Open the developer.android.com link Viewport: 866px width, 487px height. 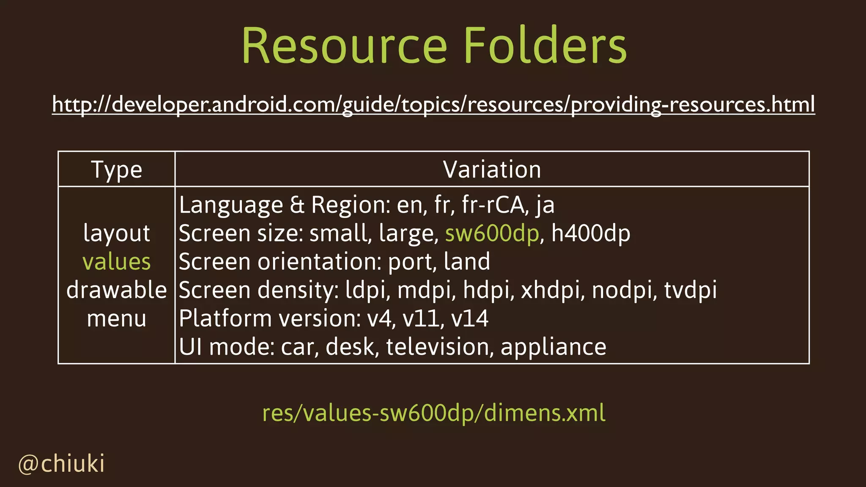tap(433, 104)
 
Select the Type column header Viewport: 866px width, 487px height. tap(116, 170)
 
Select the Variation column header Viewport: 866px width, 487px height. tap(492, 170)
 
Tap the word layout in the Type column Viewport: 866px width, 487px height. tap(116, 233)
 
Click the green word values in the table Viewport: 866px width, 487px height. tap(116, 262)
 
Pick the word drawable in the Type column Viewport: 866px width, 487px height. tap(116, 290)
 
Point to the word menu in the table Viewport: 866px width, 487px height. tap(116, 318)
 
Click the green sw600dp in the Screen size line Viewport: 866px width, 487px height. tap(492, 233)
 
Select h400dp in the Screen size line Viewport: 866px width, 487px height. tap(591, 233)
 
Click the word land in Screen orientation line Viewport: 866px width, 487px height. tap(467, 262)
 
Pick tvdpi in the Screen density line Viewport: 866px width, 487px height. tap(690, 290)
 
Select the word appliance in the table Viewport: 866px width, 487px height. tap(554, 347)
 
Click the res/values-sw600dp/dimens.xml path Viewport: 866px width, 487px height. tap(433, 413)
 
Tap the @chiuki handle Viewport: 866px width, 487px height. tap(62, 464)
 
